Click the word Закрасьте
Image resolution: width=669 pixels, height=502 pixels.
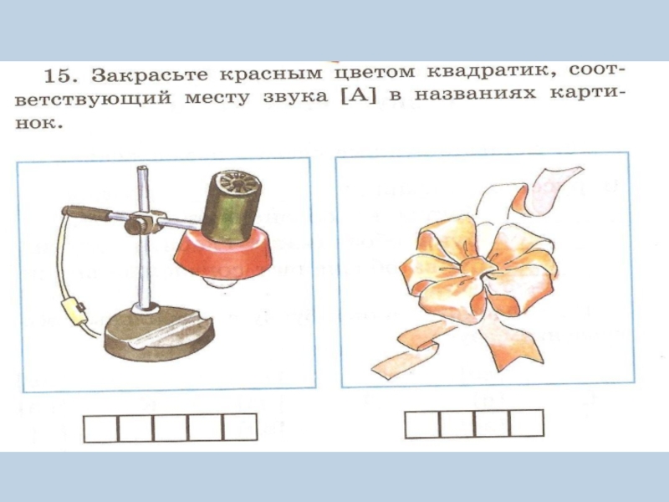150,74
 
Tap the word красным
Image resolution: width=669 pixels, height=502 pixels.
271,74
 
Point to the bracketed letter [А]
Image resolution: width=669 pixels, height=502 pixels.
360,95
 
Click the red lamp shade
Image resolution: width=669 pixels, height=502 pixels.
223,254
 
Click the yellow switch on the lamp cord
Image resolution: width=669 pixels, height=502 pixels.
74,310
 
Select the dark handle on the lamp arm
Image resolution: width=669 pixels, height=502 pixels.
86,213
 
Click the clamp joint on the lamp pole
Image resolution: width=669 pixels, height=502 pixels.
143,222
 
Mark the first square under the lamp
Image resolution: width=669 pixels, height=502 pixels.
100,428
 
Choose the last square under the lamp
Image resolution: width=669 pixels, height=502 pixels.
240,428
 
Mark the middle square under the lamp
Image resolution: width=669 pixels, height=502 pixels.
171,428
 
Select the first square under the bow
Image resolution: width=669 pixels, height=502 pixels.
422,424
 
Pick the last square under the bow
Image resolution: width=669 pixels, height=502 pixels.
527,424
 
